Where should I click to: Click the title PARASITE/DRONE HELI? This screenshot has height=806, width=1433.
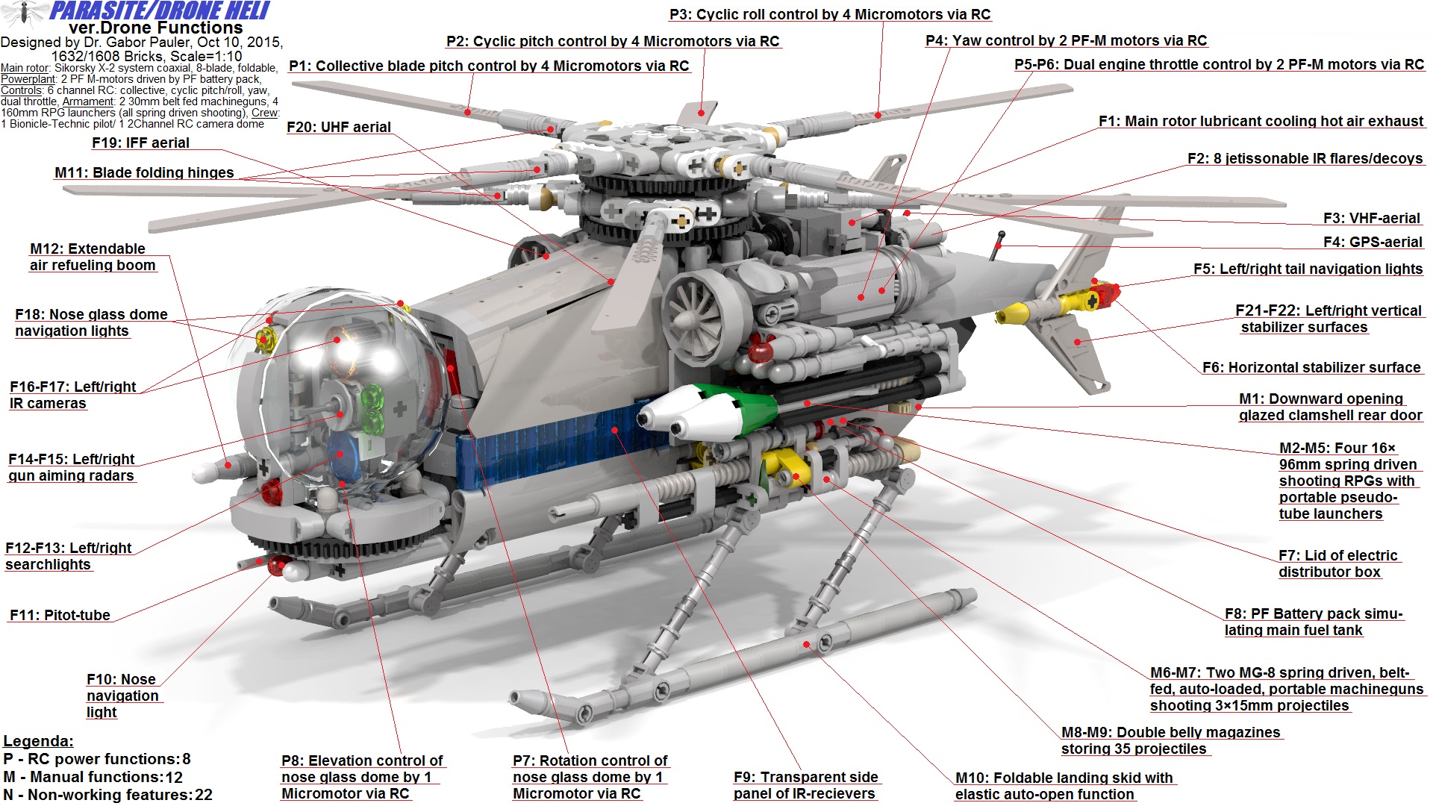(x=159, y=11)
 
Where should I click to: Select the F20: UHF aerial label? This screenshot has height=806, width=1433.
(x=339, y=128)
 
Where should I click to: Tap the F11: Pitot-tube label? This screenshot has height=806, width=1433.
(x=60, y=616)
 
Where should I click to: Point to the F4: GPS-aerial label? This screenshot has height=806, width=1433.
(x=1373, y=243)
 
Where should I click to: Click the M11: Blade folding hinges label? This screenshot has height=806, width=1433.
(x=144, y=173)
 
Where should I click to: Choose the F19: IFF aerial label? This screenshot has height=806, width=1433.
(x=140, y=143)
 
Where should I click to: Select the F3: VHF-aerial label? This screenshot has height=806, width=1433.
(x=1371, y=219)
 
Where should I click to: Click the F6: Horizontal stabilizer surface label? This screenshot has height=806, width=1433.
(x=1311, y=368)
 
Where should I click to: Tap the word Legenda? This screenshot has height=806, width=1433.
(x=38, y=742)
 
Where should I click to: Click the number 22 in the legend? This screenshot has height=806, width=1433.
(x=204, y=796)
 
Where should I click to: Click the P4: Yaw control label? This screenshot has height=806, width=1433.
(x=1066, y=41)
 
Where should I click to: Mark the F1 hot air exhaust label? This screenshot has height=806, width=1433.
(x=1261, y=122)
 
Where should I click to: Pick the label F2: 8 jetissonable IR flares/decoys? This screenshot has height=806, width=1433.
(x=1305, y=159)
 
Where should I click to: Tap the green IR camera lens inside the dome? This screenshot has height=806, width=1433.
(x=372, y=407)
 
